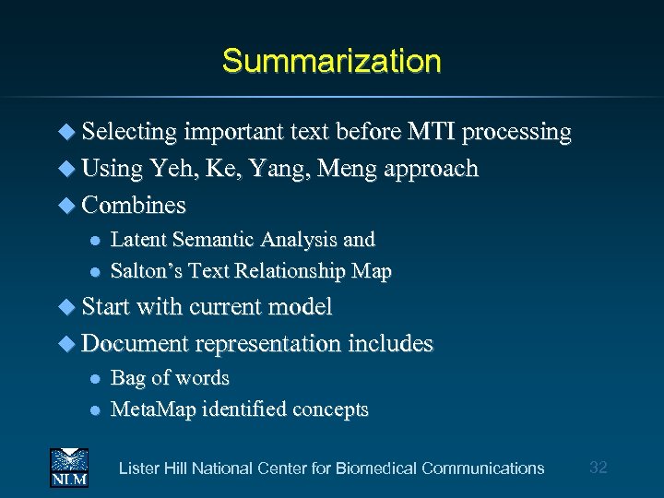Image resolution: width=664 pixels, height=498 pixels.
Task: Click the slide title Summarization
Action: [331, 62]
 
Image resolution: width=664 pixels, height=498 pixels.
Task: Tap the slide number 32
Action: [598, 468]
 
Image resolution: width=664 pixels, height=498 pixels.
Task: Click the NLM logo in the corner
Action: [68, 468]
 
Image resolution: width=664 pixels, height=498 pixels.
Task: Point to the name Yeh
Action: [171, 169]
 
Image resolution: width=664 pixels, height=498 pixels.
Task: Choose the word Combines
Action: [134, 205]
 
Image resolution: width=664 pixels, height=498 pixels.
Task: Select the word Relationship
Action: [295, 271]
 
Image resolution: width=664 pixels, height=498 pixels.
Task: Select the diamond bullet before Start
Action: [68, 307]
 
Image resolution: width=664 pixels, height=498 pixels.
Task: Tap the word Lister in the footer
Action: [138, 468]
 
